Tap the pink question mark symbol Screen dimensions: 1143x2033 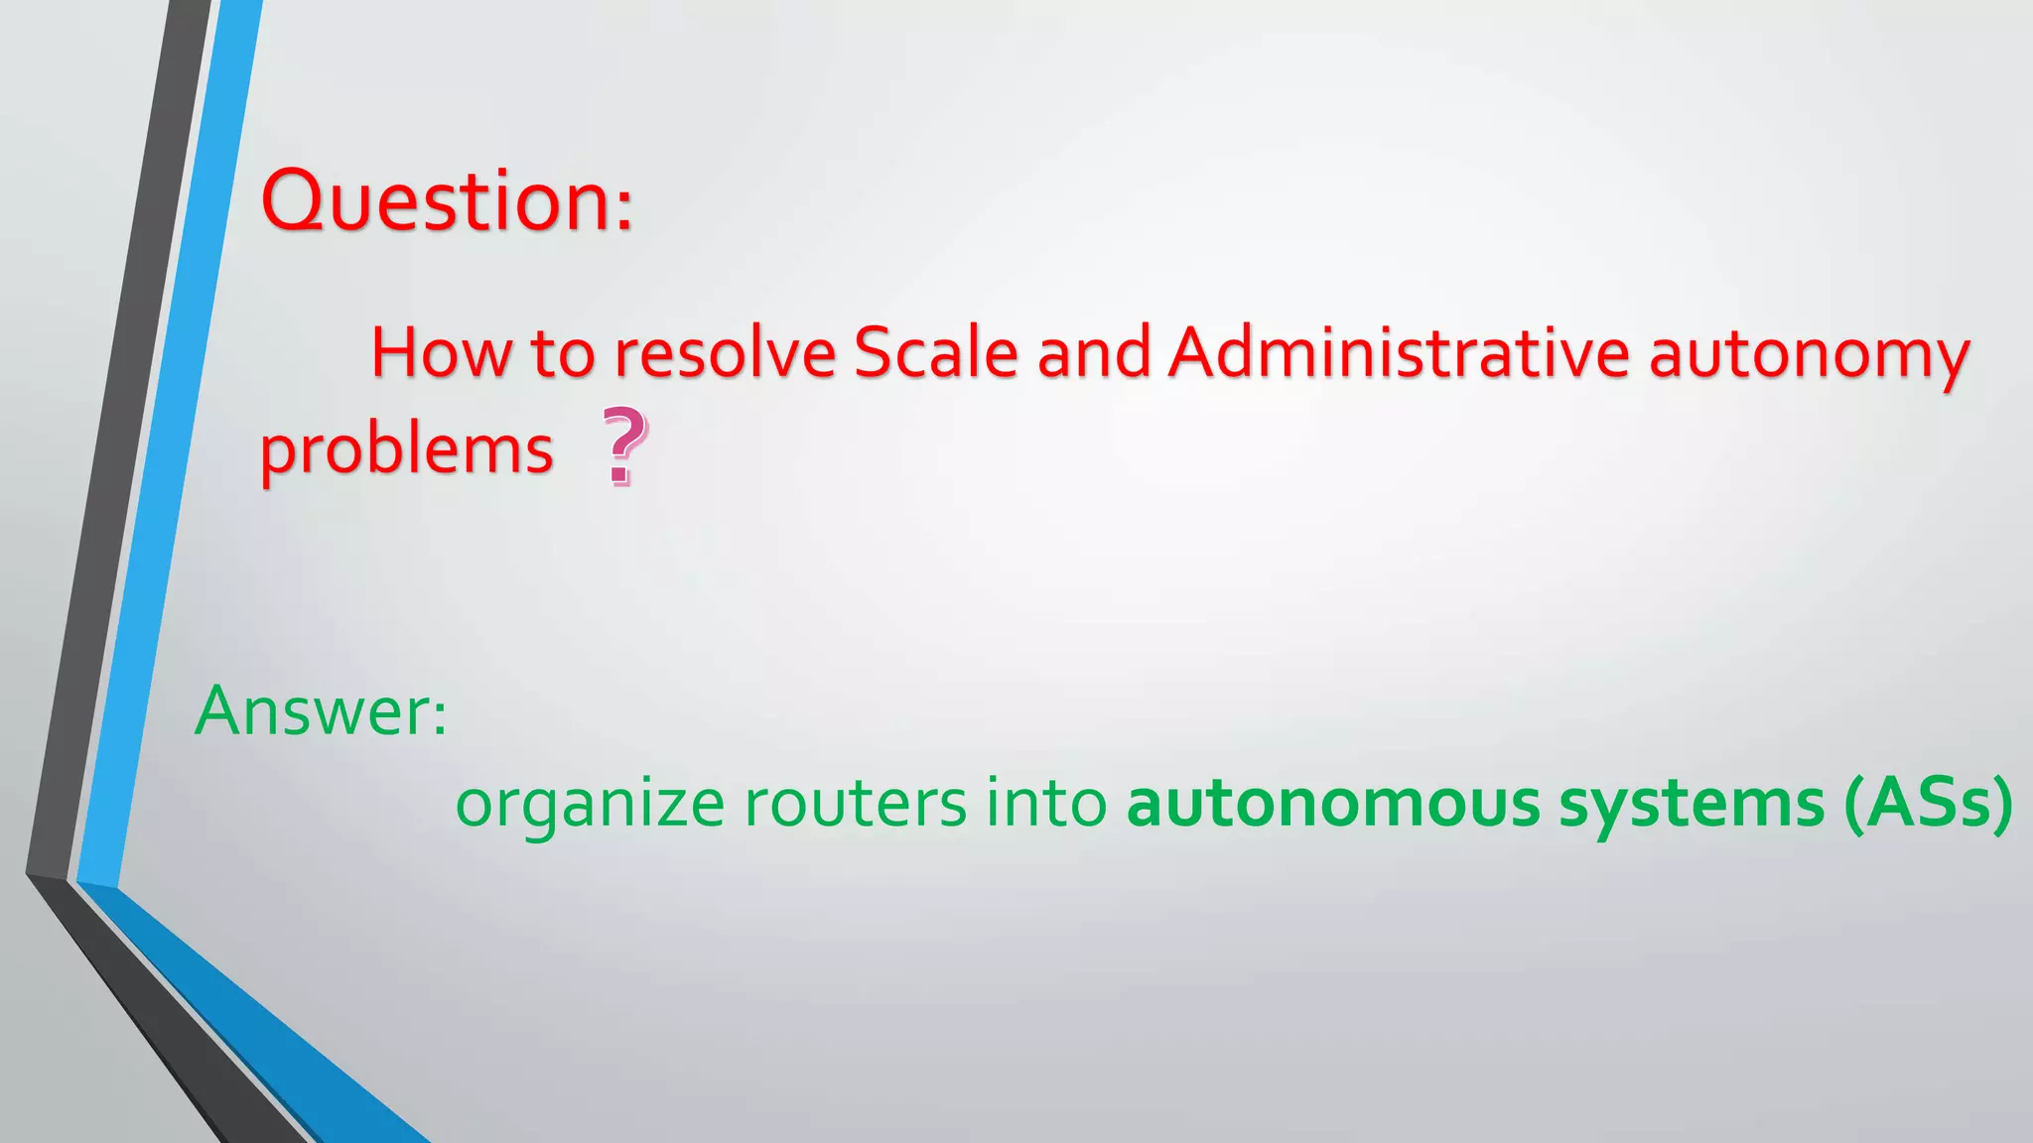(624, 447)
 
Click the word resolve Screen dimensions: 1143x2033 (724, 352)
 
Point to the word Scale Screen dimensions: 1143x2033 (935, 352)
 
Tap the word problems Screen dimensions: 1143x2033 (406, 451)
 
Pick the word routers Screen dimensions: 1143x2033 (855, 804)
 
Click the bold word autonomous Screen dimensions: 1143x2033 (1332, 804)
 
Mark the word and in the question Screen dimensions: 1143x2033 (1093, 352)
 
